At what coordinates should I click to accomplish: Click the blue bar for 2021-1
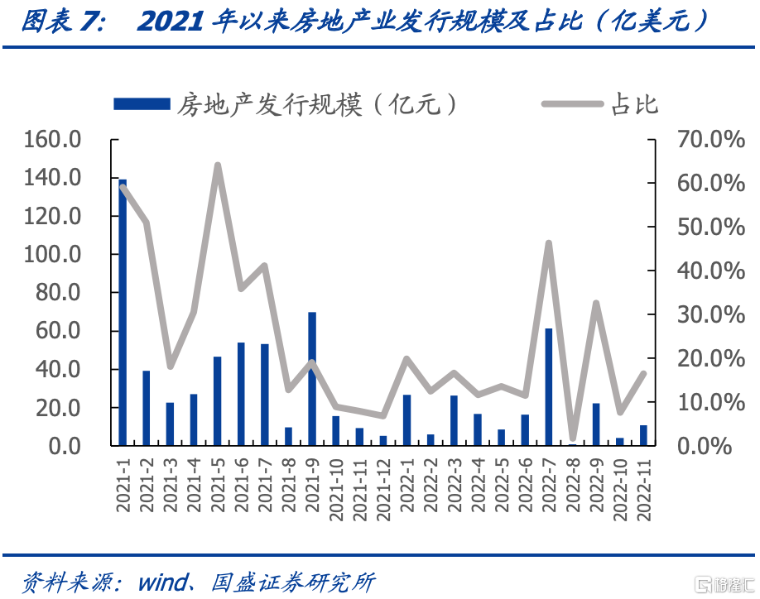[123, 313]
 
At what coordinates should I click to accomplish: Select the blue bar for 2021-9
[312, 379]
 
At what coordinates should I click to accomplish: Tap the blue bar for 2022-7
[549, 387]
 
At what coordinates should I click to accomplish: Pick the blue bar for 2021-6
[241, 394]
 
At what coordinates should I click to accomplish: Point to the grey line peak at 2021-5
[218, 166]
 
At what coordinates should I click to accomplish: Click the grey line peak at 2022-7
[549, 243]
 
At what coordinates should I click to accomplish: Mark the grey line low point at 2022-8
[572, 438]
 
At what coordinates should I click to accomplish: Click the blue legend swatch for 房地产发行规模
[142, 104]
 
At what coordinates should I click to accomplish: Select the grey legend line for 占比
[572, 103]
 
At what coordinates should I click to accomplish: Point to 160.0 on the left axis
[52, 140]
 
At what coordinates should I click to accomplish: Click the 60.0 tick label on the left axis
[58, 331]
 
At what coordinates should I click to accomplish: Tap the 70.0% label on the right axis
[711, 140]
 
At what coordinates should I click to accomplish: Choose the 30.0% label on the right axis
[711, 314]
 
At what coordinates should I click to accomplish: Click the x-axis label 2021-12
[383, 490]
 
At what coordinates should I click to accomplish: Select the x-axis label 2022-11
[644, 490]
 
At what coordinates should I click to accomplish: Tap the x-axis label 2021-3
[170, 485]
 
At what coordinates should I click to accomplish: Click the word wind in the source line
[163, 582]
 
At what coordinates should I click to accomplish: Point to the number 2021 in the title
[170, 22]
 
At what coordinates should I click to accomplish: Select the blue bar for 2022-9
[596, 424]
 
